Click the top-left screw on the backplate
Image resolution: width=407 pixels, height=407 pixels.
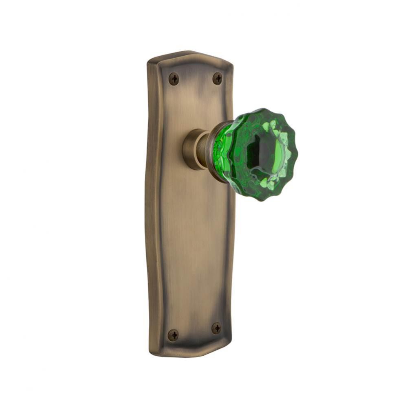pos(174,78)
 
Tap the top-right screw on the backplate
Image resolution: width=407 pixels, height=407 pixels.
pos(218,78)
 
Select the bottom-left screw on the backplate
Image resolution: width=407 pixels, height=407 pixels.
pos(173,335)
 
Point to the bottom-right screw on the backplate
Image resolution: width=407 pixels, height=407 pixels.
pos(216,328)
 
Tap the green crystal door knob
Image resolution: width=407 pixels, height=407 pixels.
pos(261,155)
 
